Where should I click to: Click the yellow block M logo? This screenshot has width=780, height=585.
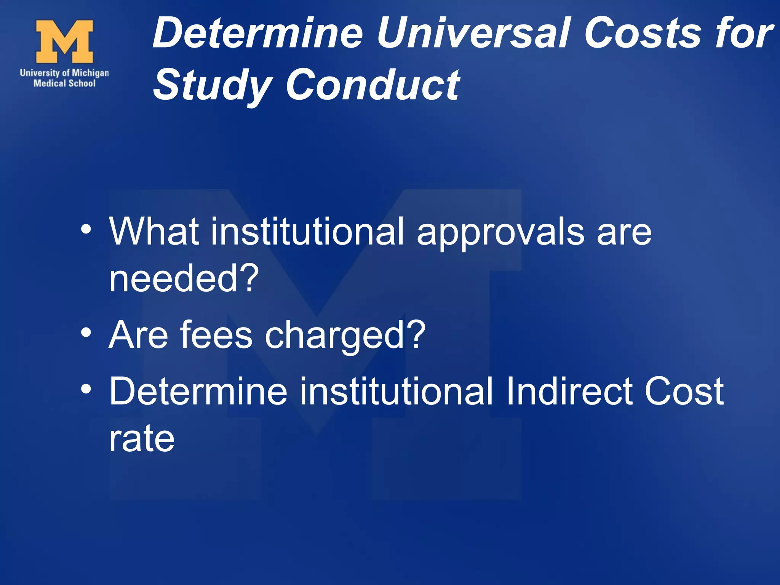[x=64, y=42]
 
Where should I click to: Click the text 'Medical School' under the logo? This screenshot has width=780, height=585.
[x=64, y=83]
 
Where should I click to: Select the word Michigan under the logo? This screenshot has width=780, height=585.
[x=90, y=73]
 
